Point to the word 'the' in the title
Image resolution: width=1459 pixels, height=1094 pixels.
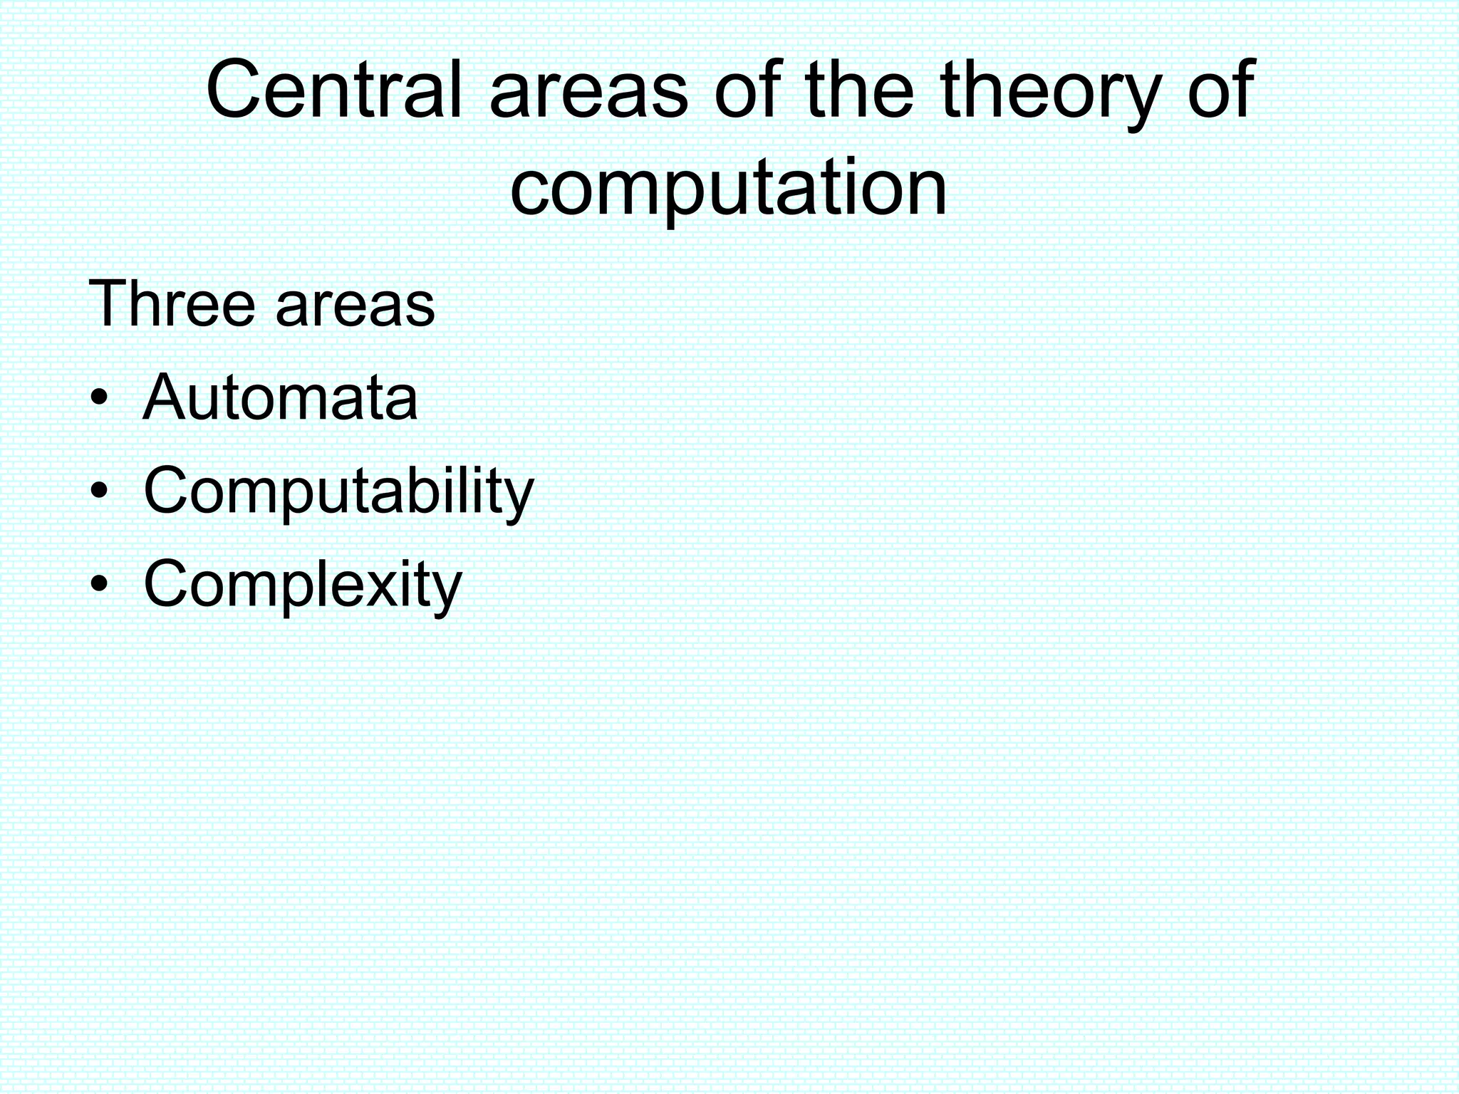pyautogui.click(x=860, y=90)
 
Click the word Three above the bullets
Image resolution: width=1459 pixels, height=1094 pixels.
pyautogui.click(x=171, y=304)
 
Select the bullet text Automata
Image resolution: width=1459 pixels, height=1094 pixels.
pyautogui.click(x=280, y=397)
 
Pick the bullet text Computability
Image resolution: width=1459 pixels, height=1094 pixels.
pyautogui.click(x=338, y=491)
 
